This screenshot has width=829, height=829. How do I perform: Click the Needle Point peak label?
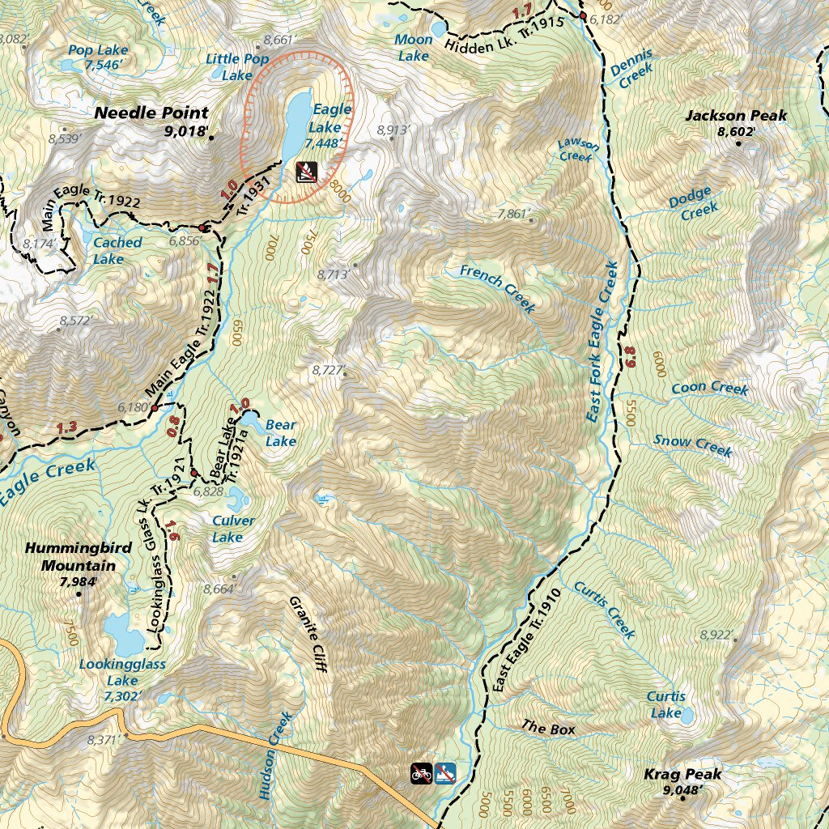[x=151, y=113]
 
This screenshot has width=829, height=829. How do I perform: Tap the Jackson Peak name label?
[x=735, y=116]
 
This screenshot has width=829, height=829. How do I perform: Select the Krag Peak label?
[x=682, y=775]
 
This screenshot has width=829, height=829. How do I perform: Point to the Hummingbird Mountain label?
[x=78, y=556]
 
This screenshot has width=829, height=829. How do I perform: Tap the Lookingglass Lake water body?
[x=122, y=633]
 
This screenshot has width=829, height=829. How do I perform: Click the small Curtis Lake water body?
[x=687, y=716]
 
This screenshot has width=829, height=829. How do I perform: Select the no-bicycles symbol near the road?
[x=421, y=773]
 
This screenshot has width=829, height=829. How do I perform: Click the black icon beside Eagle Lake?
[x=306, y=171]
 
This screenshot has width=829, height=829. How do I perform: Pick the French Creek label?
[x=497, y=288]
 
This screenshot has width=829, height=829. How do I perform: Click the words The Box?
[x=548, y=729]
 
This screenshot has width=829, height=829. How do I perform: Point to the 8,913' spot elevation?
[x=394, y=130]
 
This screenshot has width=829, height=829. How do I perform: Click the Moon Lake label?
[x=413, y=48]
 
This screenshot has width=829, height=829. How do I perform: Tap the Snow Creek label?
[x=692, y=444]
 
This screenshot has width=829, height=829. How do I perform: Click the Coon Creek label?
[x=709, y=389]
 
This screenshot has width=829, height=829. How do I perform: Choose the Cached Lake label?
[x=117, y=250]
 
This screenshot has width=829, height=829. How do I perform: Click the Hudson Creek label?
[x=275, y=755]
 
